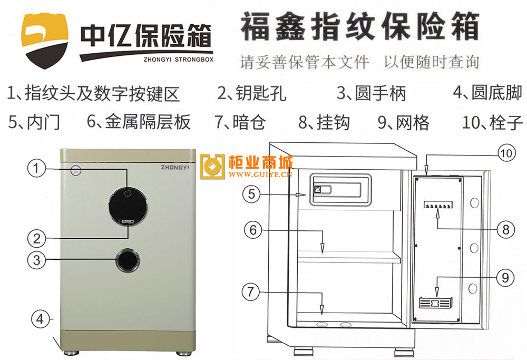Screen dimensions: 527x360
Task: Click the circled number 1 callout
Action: (x=36, y=168)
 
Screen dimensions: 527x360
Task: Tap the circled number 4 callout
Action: (x=40, y=318)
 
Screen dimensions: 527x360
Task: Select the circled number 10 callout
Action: (x=506, y=153)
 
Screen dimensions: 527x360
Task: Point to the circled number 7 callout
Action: (x=251, y=291)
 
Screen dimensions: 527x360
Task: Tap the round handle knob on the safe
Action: (x=128, y=260)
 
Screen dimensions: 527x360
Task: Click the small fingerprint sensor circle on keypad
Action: (x=128, y=193)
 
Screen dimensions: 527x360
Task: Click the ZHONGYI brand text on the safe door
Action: (x=175, y=167)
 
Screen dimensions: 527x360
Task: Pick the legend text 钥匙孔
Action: (x=261, y=93)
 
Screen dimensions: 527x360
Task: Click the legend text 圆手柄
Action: (x=380, y=93)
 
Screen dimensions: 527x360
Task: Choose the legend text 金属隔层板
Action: (x=148, y=121)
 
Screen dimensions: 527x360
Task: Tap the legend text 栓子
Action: (x=506, y=122)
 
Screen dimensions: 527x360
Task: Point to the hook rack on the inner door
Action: (x=438, y=205)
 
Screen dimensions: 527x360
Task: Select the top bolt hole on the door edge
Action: (x=474, y=202)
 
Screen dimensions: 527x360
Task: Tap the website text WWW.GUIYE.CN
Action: (x=260, y=174)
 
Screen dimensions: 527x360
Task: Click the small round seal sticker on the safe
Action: (x=76, y=170)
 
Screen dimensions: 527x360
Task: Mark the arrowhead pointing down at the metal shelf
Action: (x=323, y=248)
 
